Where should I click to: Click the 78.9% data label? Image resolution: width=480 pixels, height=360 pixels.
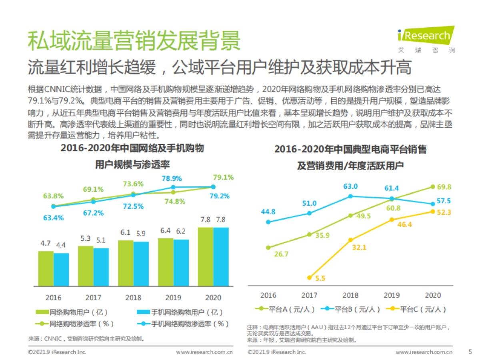point(172,178)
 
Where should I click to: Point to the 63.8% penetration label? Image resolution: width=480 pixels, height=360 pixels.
point(53,196)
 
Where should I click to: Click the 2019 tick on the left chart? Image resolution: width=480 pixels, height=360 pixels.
point(173,298)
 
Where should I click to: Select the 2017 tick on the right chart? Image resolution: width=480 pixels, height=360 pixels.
point(309,295)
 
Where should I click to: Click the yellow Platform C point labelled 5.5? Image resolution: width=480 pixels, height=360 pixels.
point(309,277)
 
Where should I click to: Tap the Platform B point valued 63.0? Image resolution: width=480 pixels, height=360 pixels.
point(350,196)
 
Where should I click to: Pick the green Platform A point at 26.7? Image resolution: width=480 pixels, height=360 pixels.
point(268,248)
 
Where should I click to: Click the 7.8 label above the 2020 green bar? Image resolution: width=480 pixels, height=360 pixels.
point(205,220)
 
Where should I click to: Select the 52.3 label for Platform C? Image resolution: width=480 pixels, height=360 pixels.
point(443,212)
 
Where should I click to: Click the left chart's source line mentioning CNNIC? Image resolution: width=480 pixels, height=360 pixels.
point(86,339)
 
